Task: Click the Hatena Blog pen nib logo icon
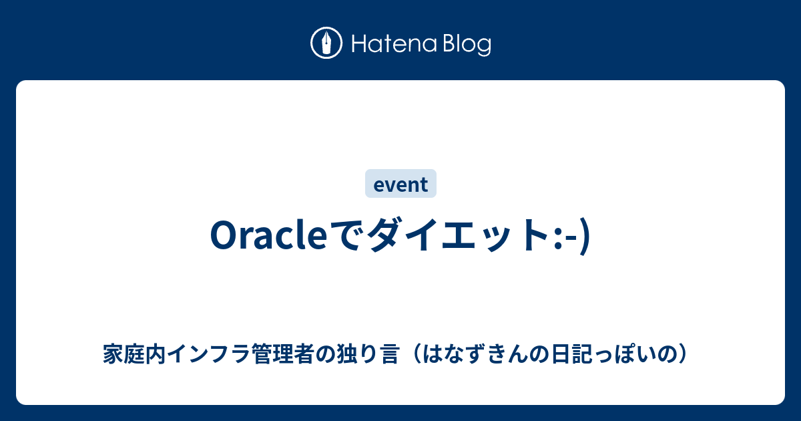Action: (x=326, y=43)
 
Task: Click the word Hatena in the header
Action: (x=394, y=44)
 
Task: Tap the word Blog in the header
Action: (x=467, y=45)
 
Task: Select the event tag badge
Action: (x=400, y=183)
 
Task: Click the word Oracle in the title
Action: (x=268, y=235)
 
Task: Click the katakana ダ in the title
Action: (x=384, y=235)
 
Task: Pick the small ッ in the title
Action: (x=497, y=239)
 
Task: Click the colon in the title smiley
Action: (x=557, y=238)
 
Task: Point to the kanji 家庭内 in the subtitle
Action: (x=134, y=354)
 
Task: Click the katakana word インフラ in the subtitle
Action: (x=208, y=354)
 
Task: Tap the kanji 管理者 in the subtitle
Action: (x=282, y=354)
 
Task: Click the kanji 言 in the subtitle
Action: (x=389, y=354)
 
